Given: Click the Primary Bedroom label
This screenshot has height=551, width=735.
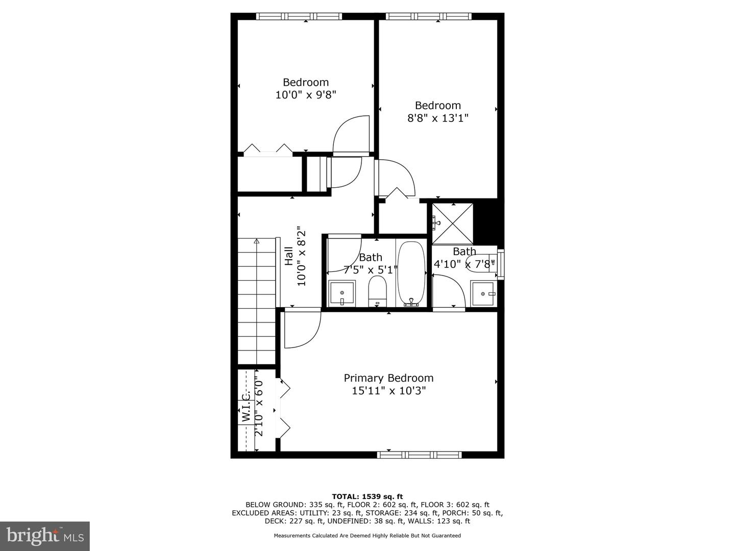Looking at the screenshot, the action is coord(388,379).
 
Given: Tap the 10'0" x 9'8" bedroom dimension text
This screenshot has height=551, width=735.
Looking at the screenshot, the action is coord(305,95).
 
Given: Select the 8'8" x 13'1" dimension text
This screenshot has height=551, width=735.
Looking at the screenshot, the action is coord(437,118).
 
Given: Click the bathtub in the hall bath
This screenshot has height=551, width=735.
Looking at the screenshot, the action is coord(411,273).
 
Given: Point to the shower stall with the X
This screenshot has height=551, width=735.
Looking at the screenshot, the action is coord(452,224).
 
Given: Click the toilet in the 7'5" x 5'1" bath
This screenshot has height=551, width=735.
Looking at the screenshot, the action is coord(377,291).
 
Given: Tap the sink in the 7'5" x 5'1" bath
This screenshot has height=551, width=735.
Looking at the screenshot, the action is coord(342,293).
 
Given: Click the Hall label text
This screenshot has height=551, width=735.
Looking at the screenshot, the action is coord(289,256).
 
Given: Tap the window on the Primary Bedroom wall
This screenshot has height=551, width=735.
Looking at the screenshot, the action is coord(419,455).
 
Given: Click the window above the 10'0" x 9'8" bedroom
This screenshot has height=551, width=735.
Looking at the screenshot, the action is coord(299,16).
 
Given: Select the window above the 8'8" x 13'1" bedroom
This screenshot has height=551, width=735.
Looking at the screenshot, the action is coord(429,16).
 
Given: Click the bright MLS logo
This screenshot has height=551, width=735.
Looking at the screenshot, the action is coord(45,536).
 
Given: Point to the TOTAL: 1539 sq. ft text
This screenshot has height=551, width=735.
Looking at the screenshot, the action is coord(367,496).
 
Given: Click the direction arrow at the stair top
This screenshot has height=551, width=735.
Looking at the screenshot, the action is coord(257,240).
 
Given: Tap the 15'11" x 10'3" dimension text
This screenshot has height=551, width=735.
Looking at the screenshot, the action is coord(388,391).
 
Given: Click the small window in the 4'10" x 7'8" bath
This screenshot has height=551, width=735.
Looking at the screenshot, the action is coord(501,264).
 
